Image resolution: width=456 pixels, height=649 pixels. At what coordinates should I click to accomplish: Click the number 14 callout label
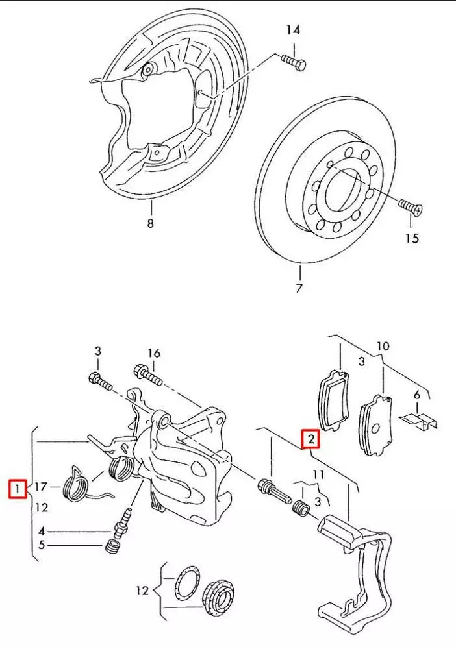tap(294, 30)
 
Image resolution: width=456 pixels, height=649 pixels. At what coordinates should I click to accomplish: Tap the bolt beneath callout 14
tap(294, 62)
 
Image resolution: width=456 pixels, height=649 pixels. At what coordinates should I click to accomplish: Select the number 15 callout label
tap(412, 238)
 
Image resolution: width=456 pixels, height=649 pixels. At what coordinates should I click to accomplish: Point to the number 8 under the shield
tap(151, 224)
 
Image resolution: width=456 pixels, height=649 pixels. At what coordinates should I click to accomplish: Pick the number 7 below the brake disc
tap(299, 288)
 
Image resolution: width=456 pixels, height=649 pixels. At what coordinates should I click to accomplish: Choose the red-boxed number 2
tap(312, 440)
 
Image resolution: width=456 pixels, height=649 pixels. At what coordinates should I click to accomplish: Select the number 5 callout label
tap(41, 545)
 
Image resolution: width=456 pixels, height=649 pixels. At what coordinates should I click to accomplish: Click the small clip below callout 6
tap(419, 418)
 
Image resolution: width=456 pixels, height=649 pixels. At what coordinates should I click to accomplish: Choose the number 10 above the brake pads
tap(383, 347)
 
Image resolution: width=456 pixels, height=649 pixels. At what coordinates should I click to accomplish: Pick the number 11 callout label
tap(317, 475)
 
